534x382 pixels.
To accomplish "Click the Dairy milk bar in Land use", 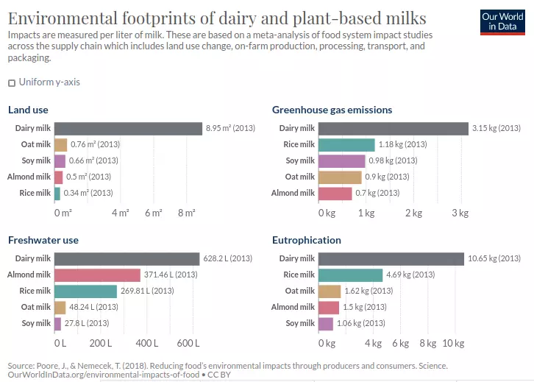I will pos(128,128).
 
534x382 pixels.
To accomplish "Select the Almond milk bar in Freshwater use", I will pos(97,275).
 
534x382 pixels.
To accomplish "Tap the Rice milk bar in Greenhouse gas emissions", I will pos(346,144).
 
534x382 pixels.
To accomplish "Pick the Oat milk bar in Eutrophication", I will pos(330,291).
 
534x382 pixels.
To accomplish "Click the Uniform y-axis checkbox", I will pos(12,82).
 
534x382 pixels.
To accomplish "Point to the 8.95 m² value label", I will pos(229,128).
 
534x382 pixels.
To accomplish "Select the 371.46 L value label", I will pos(171,275).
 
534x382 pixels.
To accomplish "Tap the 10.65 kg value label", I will pos(494,258).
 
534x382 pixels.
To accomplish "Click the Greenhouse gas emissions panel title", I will pos(332,110).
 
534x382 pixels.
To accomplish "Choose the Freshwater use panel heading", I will pos(43,240).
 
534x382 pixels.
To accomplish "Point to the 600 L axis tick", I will pos(188,343).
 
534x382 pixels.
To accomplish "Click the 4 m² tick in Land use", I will pos(121,213).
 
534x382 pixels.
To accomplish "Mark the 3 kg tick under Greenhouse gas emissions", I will pos(460,213).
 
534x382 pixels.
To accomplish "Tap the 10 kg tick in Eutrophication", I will pos(452,343).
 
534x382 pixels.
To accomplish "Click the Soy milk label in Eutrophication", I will pos(300,323).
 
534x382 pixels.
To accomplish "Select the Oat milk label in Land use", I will pos(35,144).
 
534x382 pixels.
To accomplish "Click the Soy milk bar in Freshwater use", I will pos(57,323).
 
